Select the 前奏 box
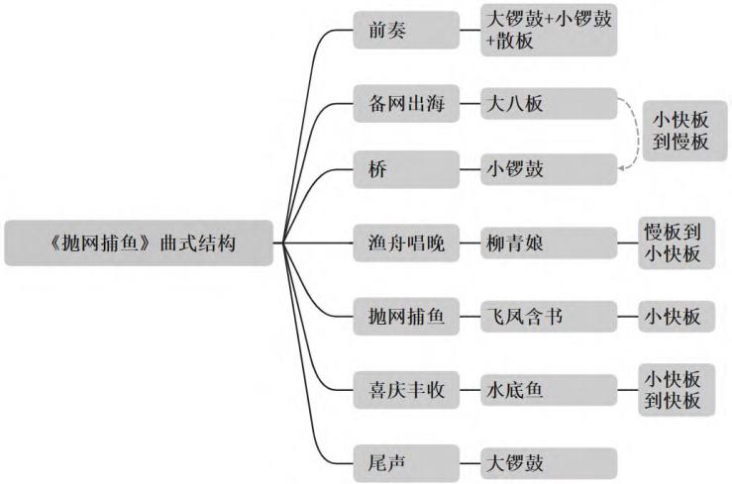pos(405,31)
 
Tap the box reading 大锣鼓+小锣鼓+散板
pos(548,31)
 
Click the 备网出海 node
pos(405,102)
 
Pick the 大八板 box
pos(548,102)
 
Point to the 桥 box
pos(405,169)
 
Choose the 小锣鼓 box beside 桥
pos(548,169)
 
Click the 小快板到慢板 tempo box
pos(680,129)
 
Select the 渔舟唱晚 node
pos(405,242)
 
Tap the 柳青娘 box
pos(548,242)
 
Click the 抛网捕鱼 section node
pos(405,317)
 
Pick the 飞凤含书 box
pos(548,317)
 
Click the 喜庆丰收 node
pos(405,390)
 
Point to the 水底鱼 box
pos(548,390)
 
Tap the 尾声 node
pos(405,462)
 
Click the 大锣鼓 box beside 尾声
pos(548,462)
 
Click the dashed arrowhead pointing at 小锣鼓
pos(622,170)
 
